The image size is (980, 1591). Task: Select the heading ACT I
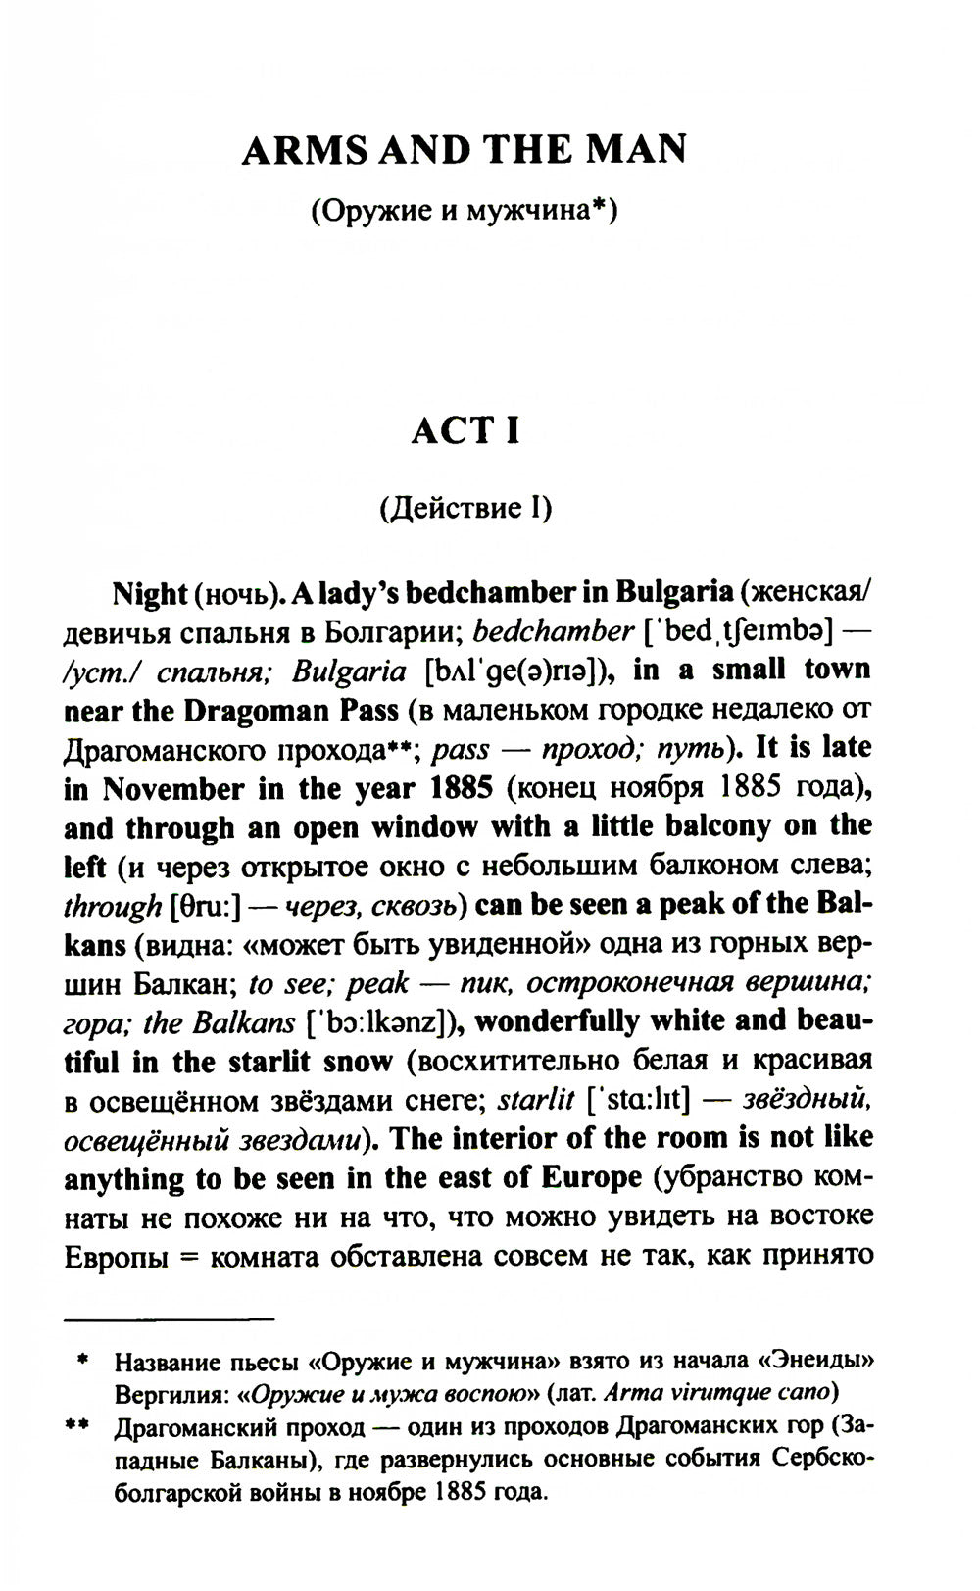[x=465, y=431]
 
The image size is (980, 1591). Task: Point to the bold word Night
[x=149, y=594]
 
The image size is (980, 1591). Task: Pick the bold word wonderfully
[x=556, y=1021]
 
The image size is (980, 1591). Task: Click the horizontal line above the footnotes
[x=169, y=1318]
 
